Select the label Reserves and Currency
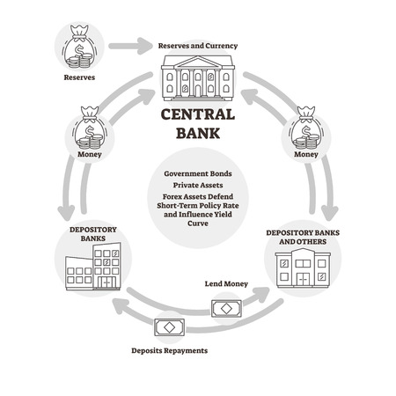[197, 45]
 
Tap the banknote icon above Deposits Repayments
[169, 326]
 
